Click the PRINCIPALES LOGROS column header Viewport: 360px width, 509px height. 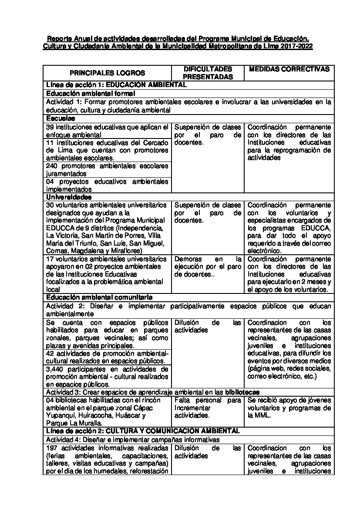[107, 73]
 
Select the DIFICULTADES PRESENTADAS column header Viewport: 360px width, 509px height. [208, 73]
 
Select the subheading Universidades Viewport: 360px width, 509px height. [69, 197]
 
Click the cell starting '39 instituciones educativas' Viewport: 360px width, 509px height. [107, 131]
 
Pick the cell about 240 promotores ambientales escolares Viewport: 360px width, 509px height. [107, 169]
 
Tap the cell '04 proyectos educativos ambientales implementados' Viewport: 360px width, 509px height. [107, 185]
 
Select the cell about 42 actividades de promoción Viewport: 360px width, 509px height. [107, 357]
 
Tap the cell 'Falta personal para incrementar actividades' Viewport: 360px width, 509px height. [208, 408]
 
